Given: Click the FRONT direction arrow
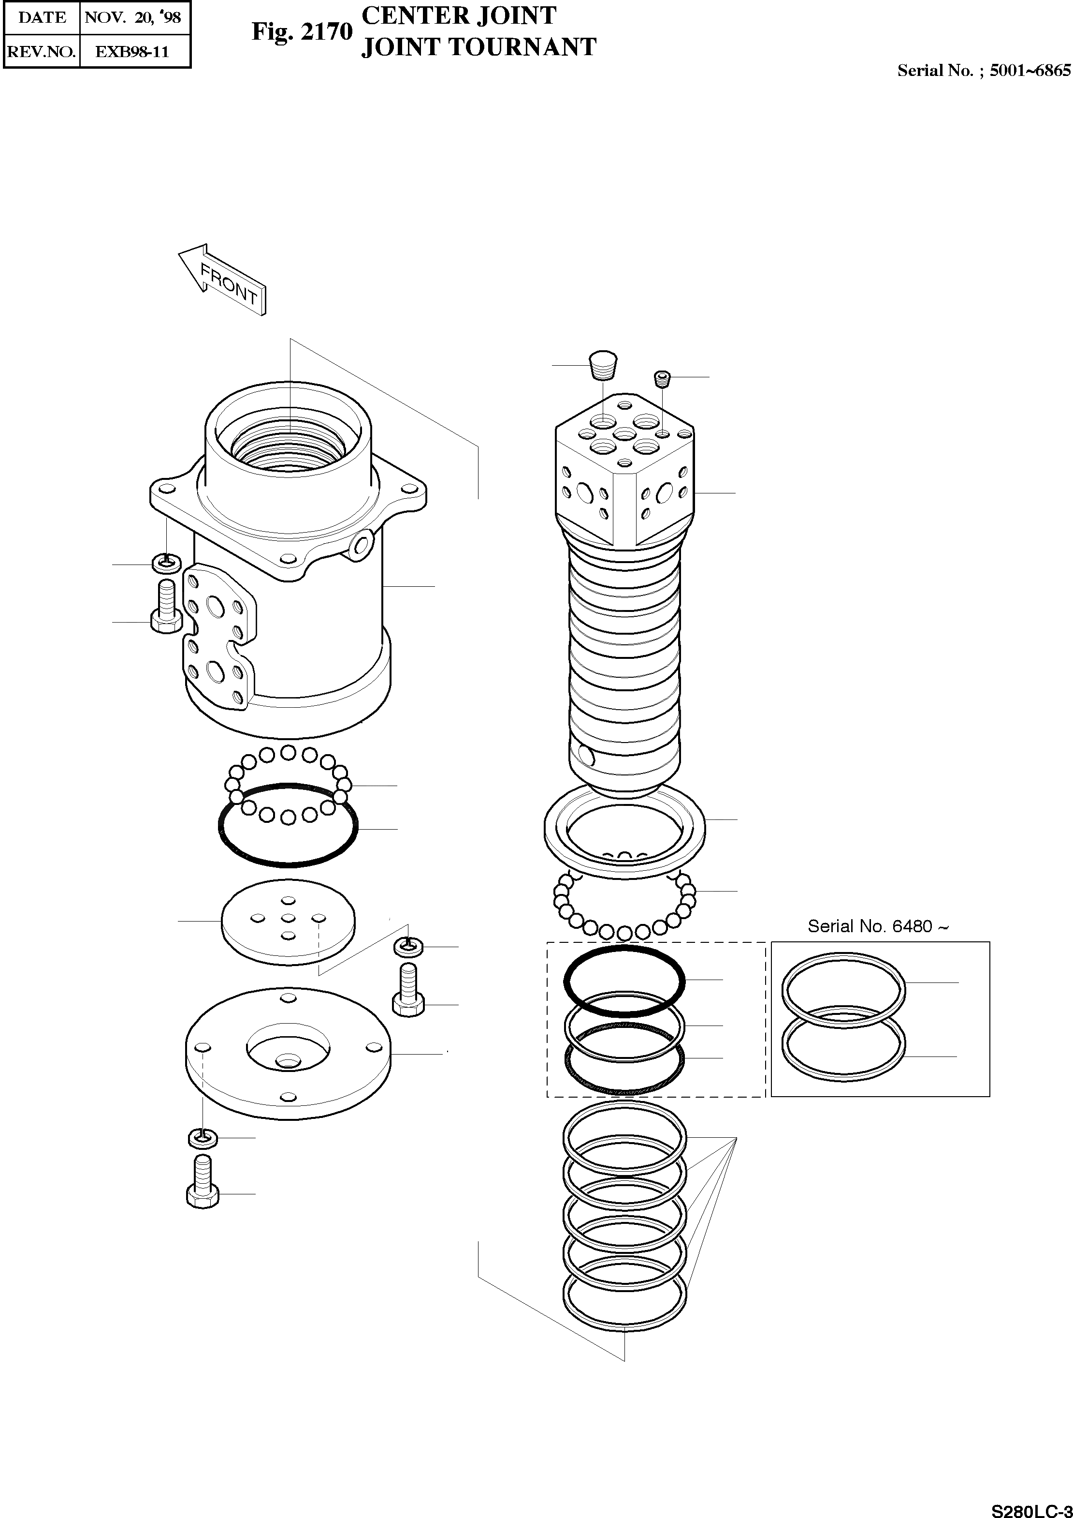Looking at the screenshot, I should click(x=223, y=279).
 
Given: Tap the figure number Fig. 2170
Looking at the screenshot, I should click(x=302, y=32).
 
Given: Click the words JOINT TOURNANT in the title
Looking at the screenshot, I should click(x=478, y=47).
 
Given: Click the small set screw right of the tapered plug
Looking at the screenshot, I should click(x=662, y=378).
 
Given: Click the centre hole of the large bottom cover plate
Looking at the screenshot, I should click(x=288, y=1062).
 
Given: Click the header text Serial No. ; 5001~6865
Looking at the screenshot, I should click(x=983, y=71).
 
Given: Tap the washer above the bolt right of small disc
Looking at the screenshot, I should click(x=409, y=947).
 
